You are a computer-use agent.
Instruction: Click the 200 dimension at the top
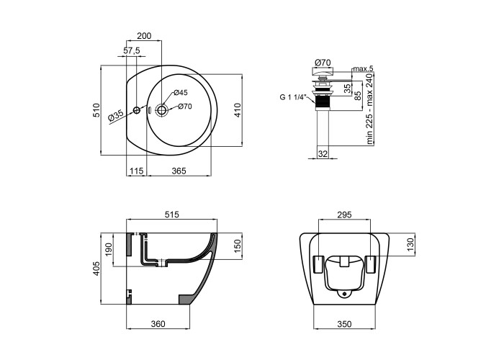click(x=144, y=36)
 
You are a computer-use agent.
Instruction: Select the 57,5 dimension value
click(x=132, y=50)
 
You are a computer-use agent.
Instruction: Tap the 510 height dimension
click(x=96, y=110)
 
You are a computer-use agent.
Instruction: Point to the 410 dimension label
click(x=238, y=110)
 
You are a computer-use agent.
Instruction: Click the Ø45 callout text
click(x=181, y=93)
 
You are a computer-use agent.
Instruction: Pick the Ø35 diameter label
click(x=116, y=115)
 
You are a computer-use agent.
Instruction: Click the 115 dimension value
click(x=136, y=171)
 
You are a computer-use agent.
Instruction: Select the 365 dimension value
click(x=179, y=171)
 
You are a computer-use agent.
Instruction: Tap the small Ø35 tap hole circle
click(x=137, y=110)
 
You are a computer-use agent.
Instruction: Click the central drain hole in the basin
click(x=162, y=110)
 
